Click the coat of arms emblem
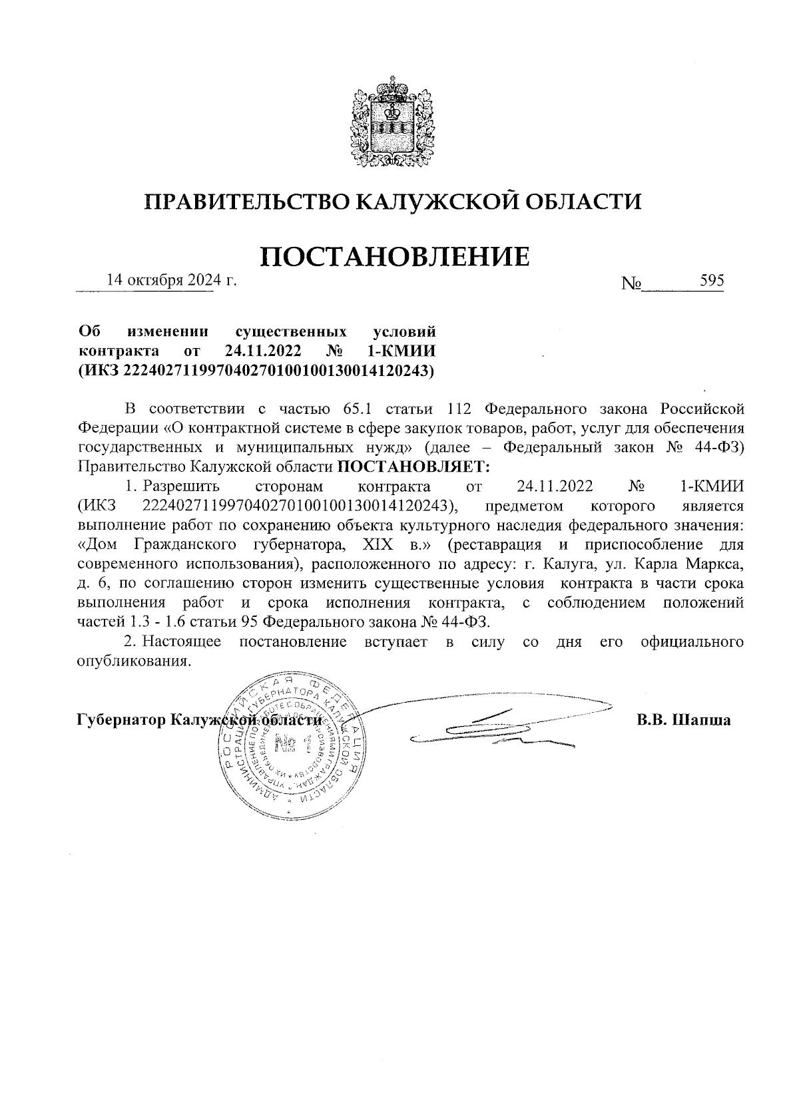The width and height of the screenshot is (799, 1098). click(x=393, y=124)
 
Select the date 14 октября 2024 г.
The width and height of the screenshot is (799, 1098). click(x=172, y=281)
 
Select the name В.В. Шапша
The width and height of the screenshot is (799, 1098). click(x=683, y=720)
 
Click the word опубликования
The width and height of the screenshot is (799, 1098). click(x=129, y=662)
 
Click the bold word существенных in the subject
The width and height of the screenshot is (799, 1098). click(x=291, y=331)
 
